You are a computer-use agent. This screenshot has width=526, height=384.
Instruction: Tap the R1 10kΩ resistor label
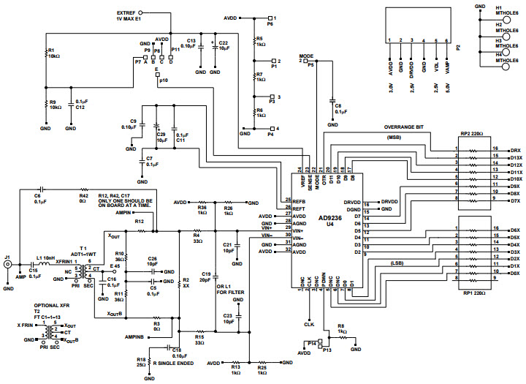pos(54,53)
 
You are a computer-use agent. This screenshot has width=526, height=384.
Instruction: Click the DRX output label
pos(515,149)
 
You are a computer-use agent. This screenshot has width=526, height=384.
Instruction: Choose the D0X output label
pos(515,273)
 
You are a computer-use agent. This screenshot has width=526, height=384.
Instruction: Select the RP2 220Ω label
pos(472,134)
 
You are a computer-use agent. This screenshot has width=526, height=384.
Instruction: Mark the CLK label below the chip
pos(309,323)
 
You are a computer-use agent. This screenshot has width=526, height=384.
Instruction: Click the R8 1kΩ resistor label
pos(340,328)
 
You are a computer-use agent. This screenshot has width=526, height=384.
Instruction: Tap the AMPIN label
pos(124,212)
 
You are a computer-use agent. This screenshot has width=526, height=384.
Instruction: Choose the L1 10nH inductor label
pos(45,258)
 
